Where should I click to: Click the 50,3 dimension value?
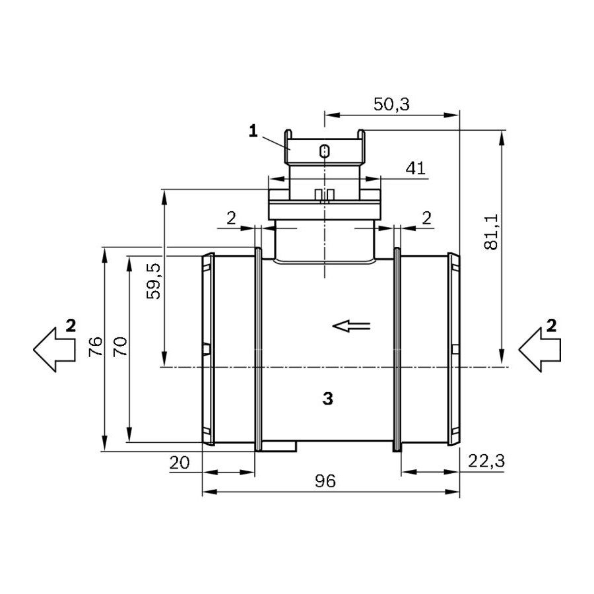click(391, 104)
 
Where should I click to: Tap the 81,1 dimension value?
click(492, 232)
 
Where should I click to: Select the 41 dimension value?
click(416, 168)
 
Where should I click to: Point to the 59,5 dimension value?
click(154, 281)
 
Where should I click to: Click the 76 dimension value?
click(95, 346)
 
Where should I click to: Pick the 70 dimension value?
click(121, 346)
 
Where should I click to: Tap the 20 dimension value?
click(179, 463)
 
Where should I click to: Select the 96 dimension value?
click(325, 481)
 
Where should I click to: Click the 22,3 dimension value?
click(486, 461)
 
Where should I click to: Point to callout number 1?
click(253, 131)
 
